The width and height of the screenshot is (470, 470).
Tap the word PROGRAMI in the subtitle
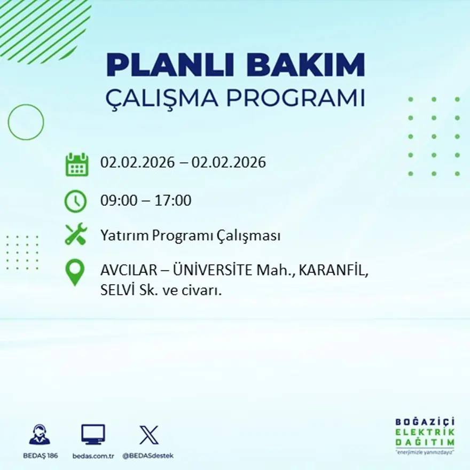coord(297,98)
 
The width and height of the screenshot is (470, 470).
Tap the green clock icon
coord(75,201)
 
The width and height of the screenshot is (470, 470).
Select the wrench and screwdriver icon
coord(76,234)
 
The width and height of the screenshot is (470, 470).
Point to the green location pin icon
coord(75,272)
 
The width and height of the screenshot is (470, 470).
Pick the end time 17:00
coord(173,201)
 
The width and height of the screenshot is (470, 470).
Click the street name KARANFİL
coord(333,270)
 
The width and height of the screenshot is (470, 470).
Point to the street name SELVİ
coord(116,292)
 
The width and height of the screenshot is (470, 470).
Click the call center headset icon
coord(40,435)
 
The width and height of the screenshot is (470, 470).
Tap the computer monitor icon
coord(93,435)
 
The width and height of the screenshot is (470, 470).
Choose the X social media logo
coord(148,435)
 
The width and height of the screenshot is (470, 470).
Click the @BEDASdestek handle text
coord(148,456)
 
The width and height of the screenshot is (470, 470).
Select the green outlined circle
coord(26,122)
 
